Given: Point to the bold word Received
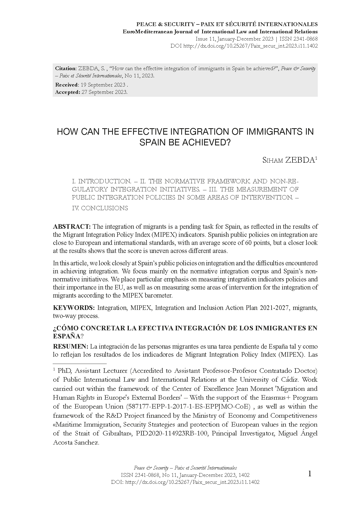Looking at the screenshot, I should tap(66, 85).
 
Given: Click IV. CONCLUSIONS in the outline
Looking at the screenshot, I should tap(100, 208).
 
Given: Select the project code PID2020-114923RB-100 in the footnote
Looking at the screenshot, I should tap(177, 434).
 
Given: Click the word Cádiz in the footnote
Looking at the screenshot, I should tap(309, 380).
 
